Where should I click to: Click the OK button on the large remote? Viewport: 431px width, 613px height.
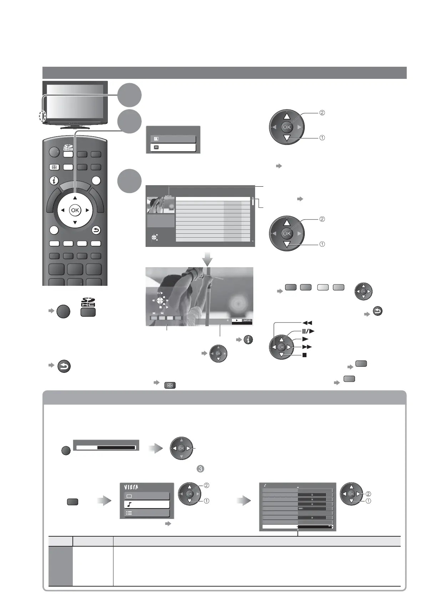75,211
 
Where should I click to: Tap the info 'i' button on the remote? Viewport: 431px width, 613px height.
54,181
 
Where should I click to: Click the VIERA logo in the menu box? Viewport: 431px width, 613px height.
131,487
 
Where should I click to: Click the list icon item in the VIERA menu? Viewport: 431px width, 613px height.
147,513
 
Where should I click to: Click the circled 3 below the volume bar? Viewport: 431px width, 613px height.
200,468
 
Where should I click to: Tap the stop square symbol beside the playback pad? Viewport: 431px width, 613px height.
305,355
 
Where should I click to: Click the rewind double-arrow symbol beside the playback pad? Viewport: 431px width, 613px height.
307,323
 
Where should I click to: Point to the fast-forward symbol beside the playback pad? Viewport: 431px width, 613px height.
307,347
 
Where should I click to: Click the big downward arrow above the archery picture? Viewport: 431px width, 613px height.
207,259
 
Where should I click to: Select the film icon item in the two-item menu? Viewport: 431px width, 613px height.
173,147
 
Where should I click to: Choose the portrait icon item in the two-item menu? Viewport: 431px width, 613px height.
173,139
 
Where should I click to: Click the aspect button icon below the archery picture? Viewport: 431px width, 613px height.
170,385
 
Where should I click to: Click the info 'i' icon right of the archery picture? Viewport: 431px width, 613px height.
249,340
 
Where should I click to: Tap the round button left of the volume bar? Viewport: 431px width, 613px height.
66,451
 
